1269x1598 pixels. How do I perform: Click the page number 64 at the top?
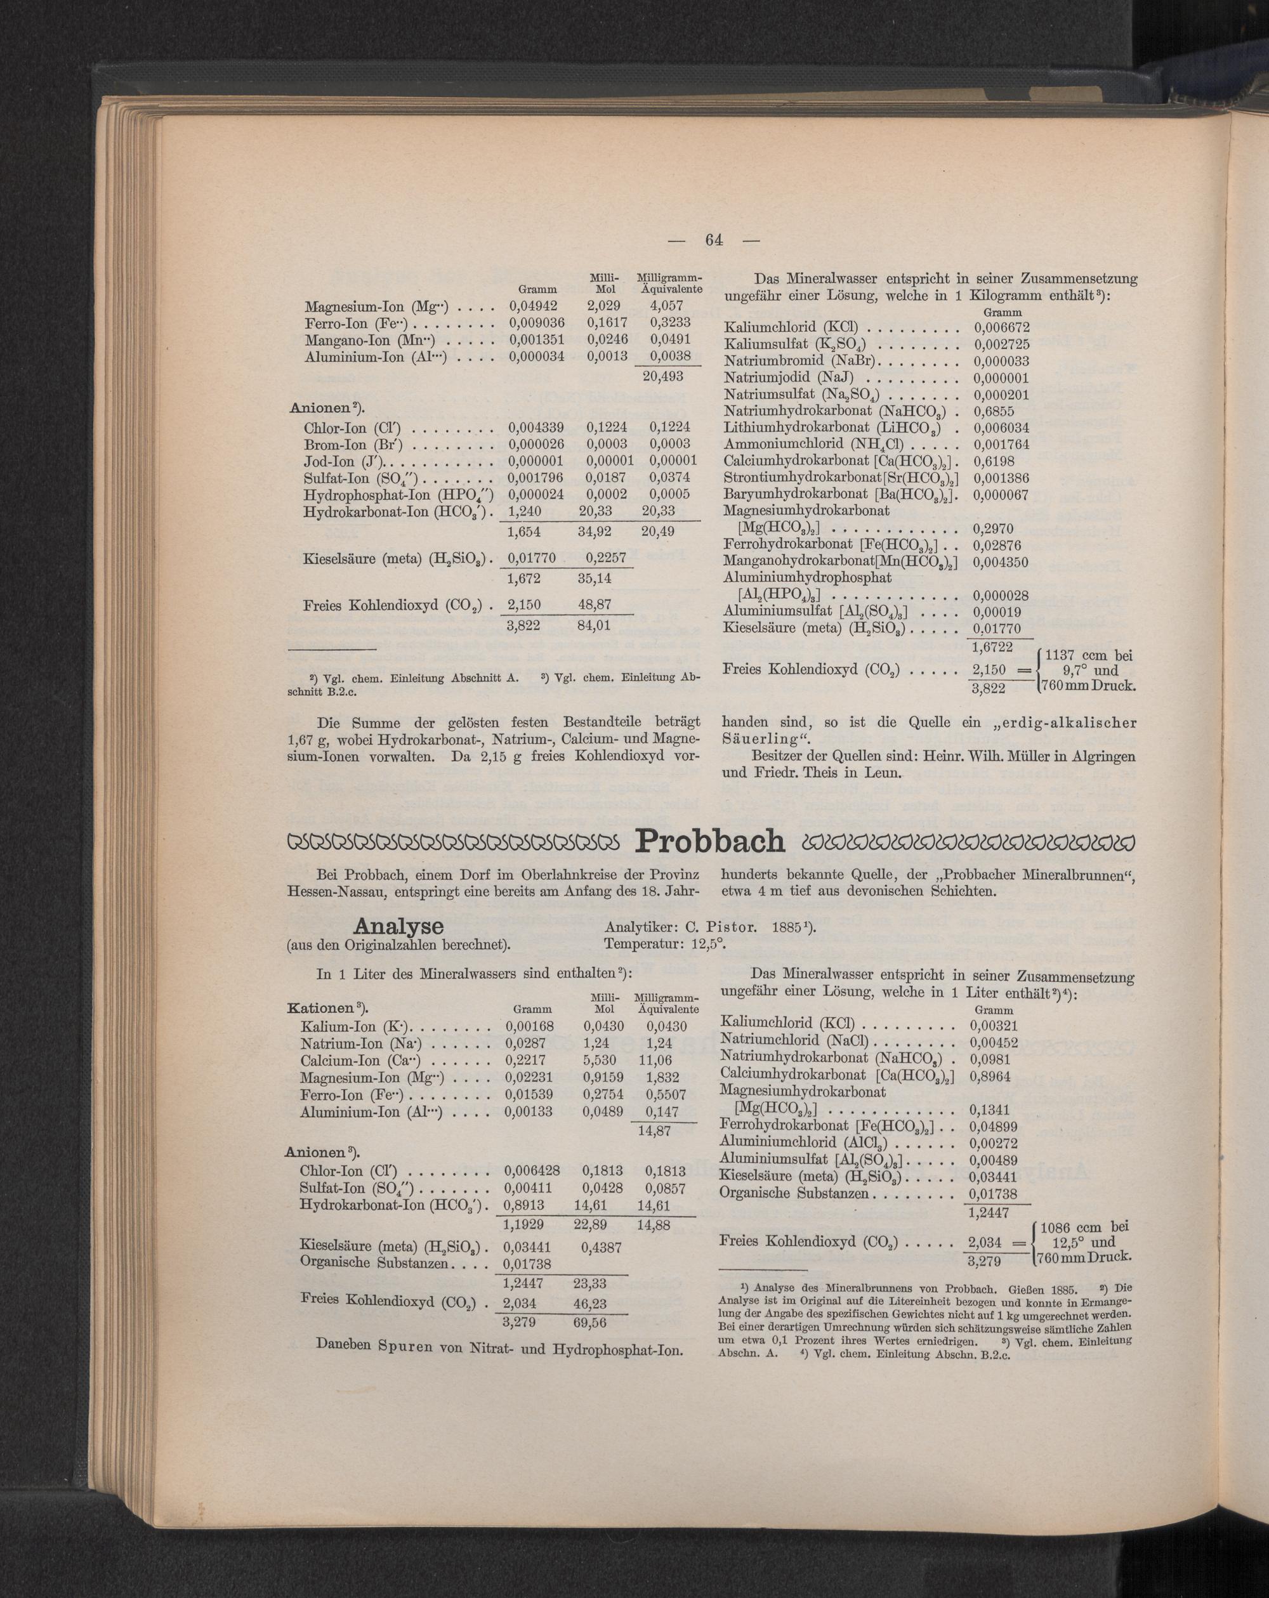pyautogui.click(x=714, y=239)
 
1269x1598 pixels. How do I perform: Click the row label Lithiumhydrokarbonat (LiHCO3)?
pyautogui.click(x=833, y=428)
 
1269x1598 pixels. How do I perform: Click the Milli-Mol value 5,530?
pyautogui.click(x=600, y=1061)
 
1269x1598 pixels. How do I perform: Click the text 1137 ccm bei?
pyautogui.click(x=1088, y=655)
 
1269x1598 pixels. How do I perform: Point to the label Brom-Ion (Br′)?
pyautogui.click(x=353, y=444)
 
